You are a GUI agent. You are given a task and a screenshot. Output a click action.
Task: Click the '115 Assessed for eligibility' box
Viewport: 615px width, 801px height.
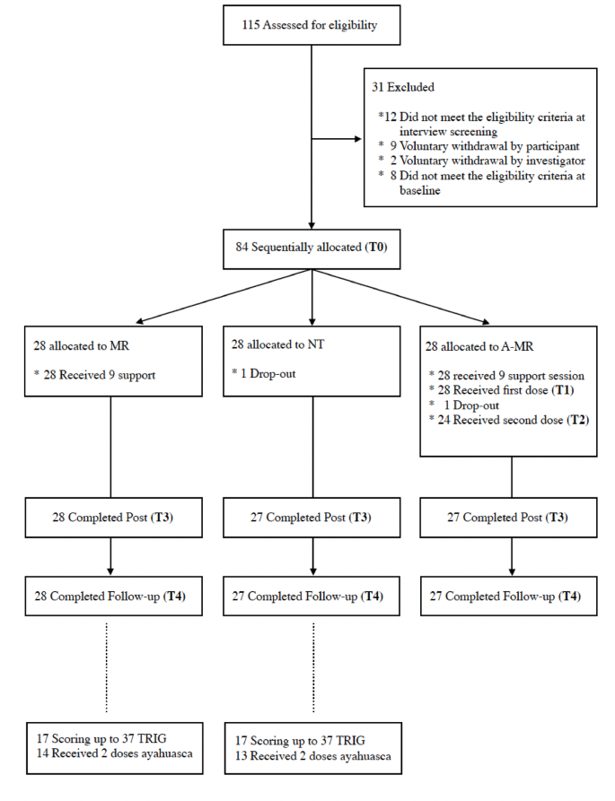click(311, 25)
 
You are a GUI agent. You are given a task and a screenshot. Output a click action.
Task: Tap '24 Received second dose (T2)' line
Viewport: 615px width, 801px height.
click(508, 419)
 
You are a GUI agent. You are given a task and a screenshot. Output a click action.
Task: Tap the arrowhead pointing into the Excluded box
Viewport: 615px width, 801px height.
click(358, 140)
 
